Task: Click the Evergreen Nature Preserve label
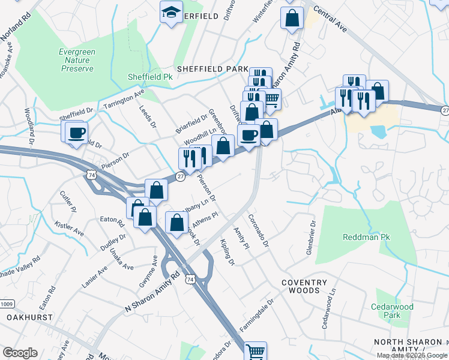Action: [77, 61]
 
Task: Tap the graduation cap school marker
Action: [171, 12]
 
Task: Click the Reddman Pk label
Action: [366, 237]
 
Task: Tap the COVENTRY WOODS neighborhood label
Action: [301, 286]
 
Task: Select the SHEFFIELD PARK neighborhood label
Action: [211, 69]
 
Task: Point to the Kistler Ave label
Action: [70, 227]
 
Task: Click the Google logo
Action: [20, 353]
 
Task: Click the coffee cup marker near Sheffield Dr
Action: [76, 133]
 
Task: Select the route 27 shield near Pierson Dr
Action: [180, 176]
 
